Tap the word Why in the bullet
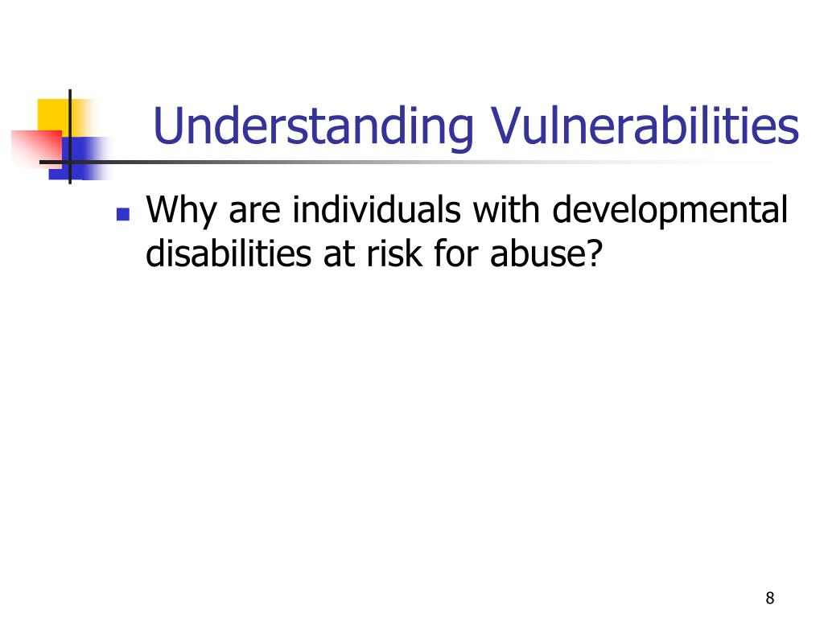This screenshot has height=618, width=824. tap(182, 212)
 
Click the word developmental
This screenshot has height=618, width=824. tap(669, 212)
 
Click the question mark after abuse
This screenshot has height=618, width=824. tap(594, 253)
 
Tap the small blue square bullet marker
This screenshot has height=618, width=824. tap(123, 215)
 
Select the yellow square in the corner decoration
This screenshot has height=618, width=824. tap(53, 113)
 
